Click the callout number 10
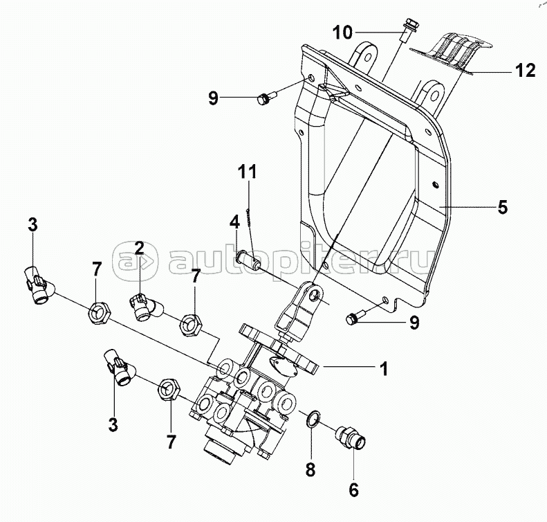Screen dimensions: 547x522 [342, 33]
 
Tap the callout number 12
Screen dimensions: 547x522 [526, 71]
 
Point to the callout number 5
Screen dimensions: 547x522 [502, 207]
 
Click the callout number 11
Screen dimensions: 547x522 [248, 172]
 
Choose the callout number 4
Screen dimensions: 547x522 [234, 222]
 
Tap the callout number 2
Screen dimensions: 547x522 [139, 248]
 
